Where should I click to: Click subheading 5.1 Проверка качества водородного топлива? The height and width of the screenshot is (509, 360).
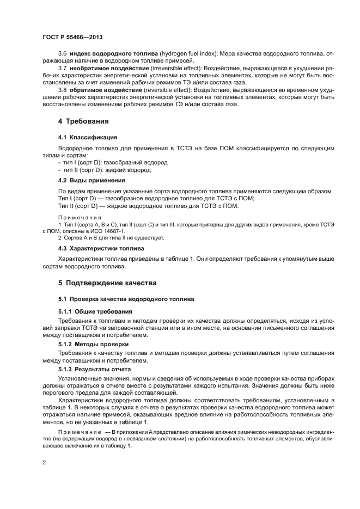[x=126, y=300]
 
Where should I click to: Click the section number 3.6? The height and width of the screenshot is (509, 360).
[x=62, y=53]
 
